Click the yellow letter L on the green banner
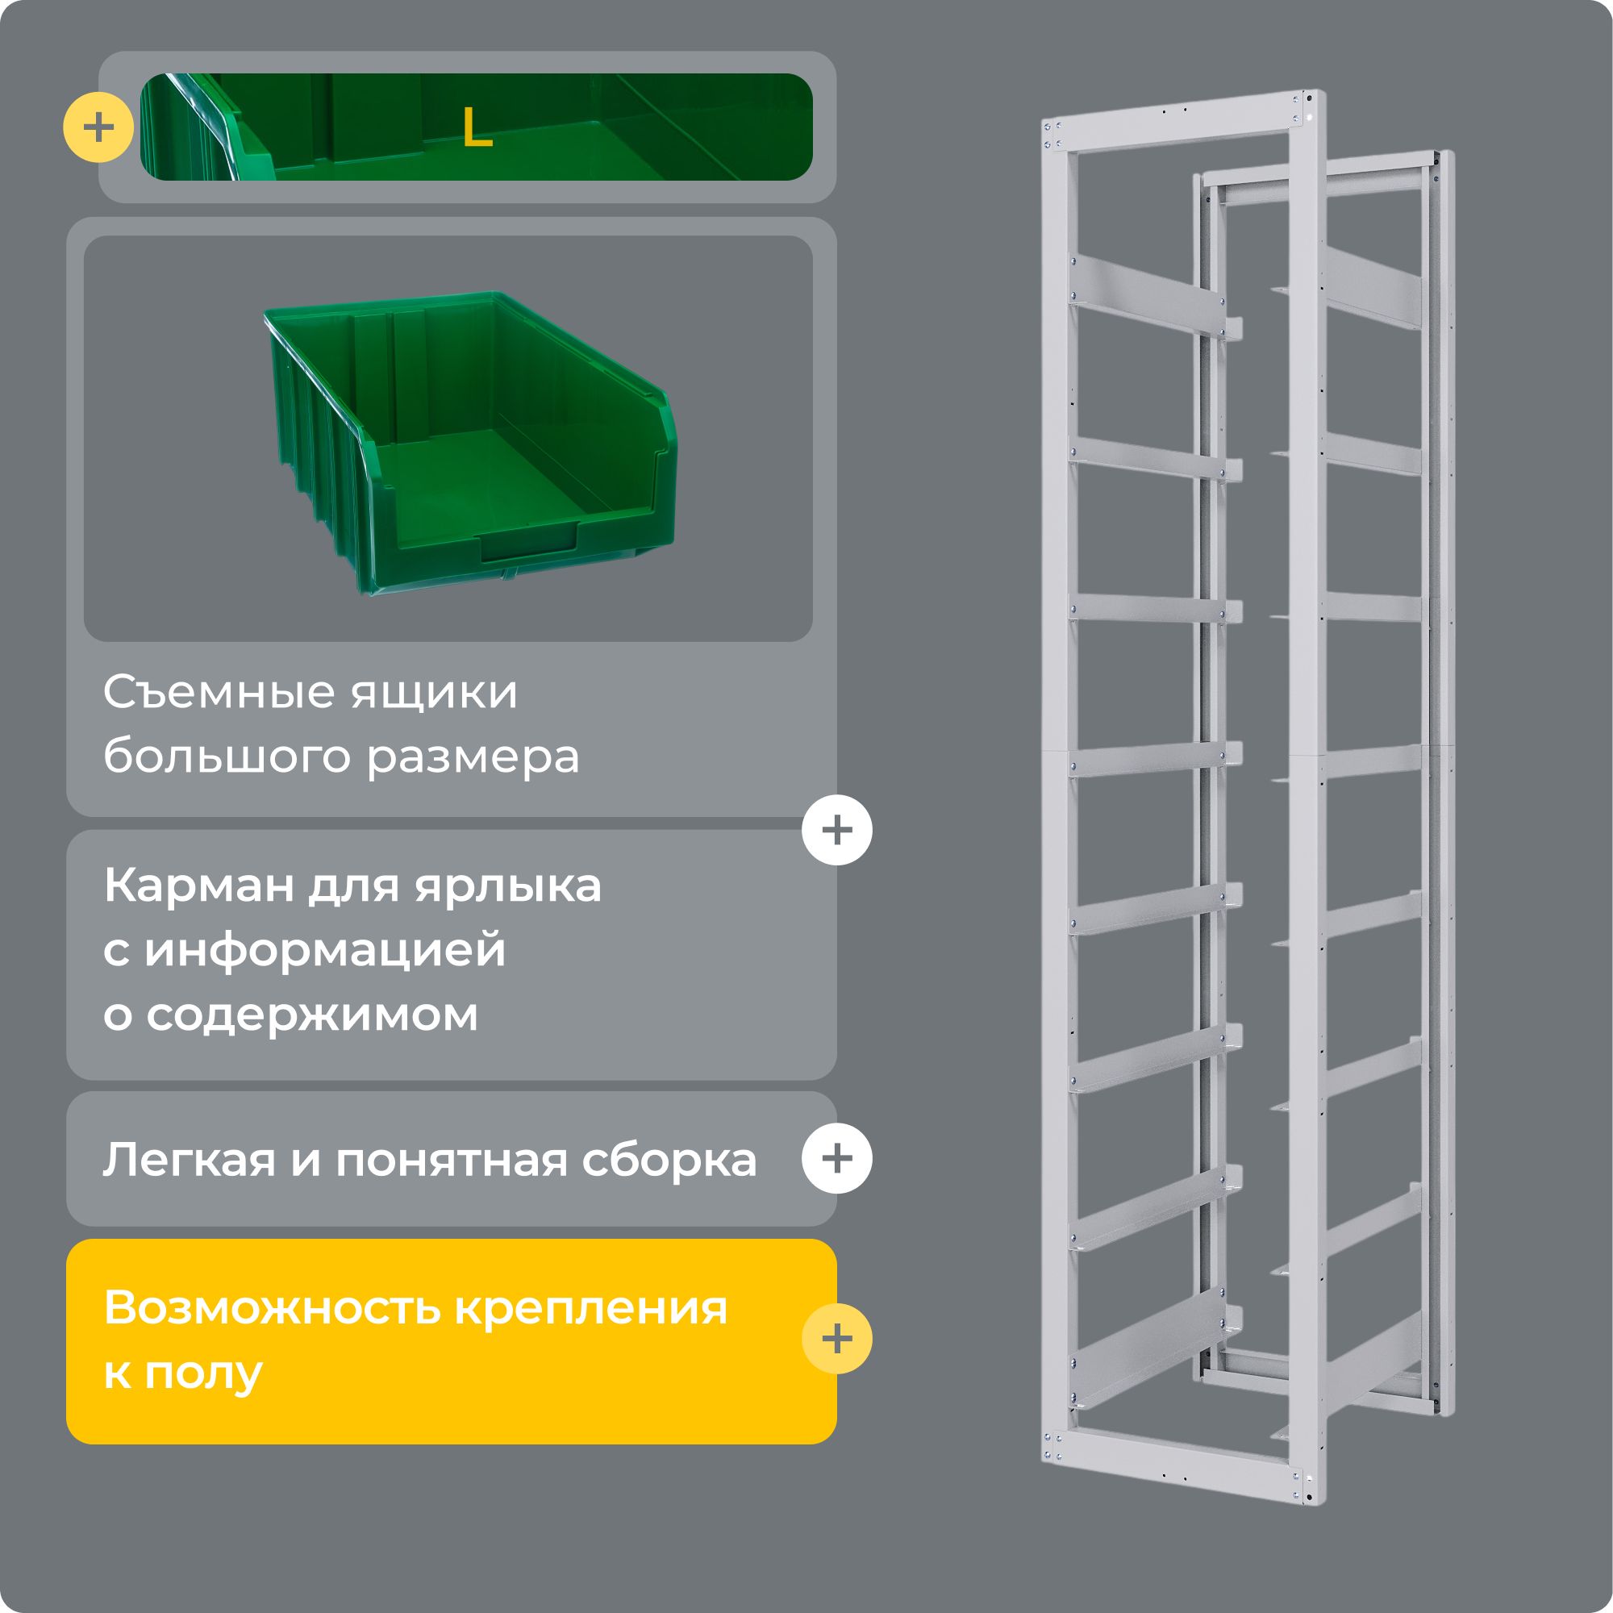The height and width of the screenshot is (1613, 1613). pyautogui.click(x=477, y=127)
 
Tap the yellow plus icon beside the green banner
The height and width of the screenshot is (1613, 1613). pyautogui.click(x=98, y=127)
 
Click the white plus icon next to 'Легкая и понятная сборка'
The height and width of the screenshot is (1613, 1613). pyautogui.click(x=836, y=1158)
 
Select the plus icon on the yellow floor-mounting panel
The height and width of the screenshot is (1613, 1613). pyautogui.click(x=836, y=1338)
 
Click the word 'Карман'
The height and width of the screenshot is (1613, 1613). pyautogui.click(x=198, y=886)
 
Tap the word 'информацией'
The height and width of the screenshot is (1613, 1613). pyautogui.click(x=325, y=951)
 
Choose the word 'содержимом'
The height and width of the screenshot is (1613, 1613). pyautogui.click(x=312, y=1015)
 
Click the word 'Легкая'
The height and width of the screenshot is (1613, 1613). pyautogui.click(x=190, y=1160)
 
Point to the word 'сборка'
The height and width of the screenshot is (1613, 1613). pyautogui.click(x=669, y=1160)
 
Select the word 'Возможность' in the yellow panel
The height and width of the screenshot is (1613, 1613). pyautogui.click(x=271, y=1307)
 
